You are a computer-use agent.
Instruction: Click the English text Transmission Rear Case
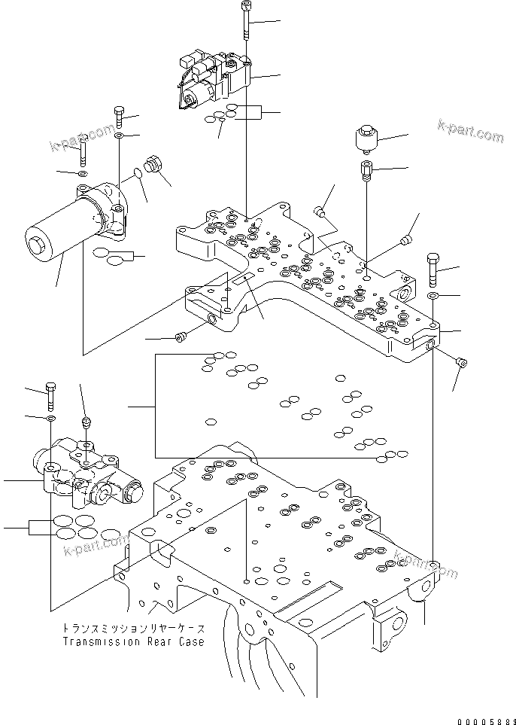[135, 642]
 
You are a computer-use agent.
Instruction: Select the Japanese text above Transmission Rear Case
[135, 629]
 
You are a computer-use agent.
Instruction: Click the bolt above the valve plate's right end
[433, 268]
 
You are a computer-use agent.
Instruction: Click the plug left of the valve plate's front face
[181, 337]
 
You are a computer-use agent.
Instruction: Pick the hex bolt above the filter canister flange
[119, 116]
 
